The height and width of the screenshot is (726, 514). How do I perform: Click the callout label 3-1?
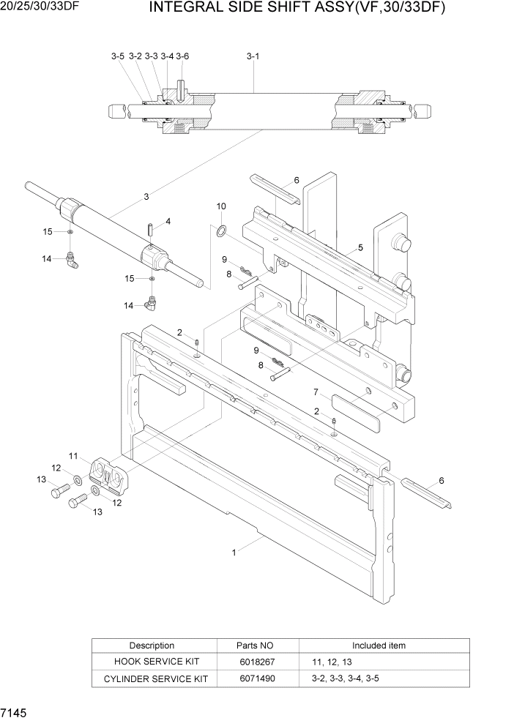click(x=253, y=56)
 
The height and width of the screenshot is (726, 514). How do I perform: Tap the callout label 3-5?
click(x=117, y=56)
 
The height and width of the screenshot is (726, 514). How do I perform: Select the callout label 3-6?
click(x=182, y=56)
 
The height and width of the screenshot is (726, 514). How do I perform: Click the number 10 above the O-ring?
click(x=221, y=207)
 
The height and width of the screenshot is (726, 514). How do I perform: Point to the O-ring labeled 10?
click(x=220, y=232)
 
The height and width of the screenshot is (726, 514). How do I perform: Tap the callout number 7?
click(x=316, y=392)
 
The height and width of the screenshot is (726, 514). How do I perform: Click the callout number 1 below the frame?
click(x=234, y=553)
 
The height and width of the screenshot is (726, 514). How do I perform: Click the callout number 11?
click(x=74, y=456)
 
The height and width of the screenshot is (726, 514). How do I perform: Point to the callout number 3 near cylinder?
click(x=146, y=196)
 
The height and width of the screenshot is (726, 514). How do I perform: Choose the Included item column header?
click(x=379, y=645)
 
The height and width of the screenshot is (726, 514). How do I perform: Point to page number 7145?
click(x=15, y=713)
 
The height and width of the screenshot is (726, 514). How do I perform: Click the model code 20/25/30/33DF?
click(x=40, y=7)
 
